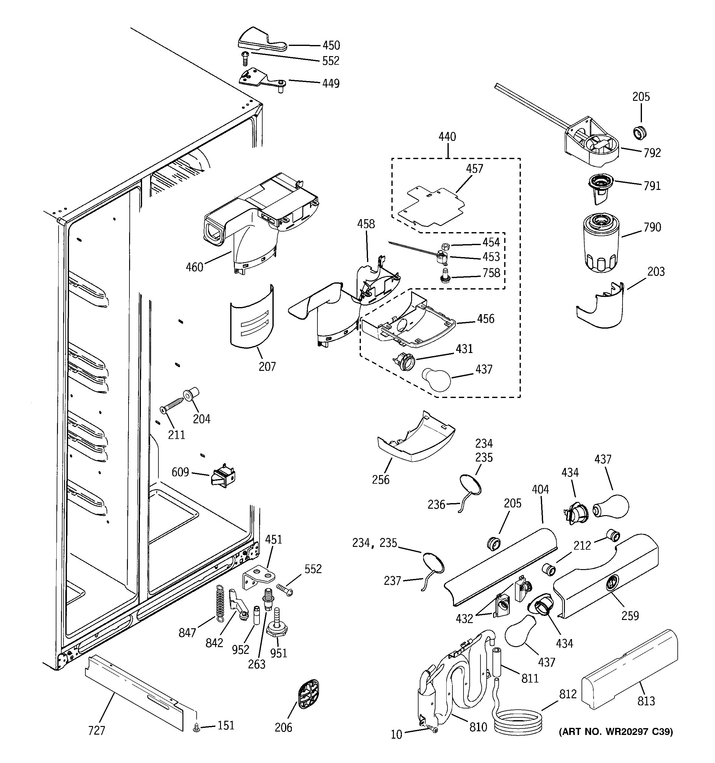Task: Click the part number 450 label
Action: tap(331, 45)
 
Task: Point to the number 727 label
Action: tap(96, 730)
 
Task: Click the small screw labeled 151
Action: tap(197, 727)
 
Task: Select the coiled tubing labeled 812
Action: tap(518, 723)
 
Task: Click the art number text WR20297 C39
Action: tap(615, 732)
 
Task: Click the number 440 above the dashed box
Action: tap(447, 137)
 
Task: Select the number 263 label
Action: tap(256, 664)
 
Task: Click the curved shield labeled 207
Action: tap(252, 317)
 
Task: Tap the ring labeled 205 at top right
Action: tap(639, 133)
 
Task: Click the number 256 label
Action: tap(380, 479)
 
